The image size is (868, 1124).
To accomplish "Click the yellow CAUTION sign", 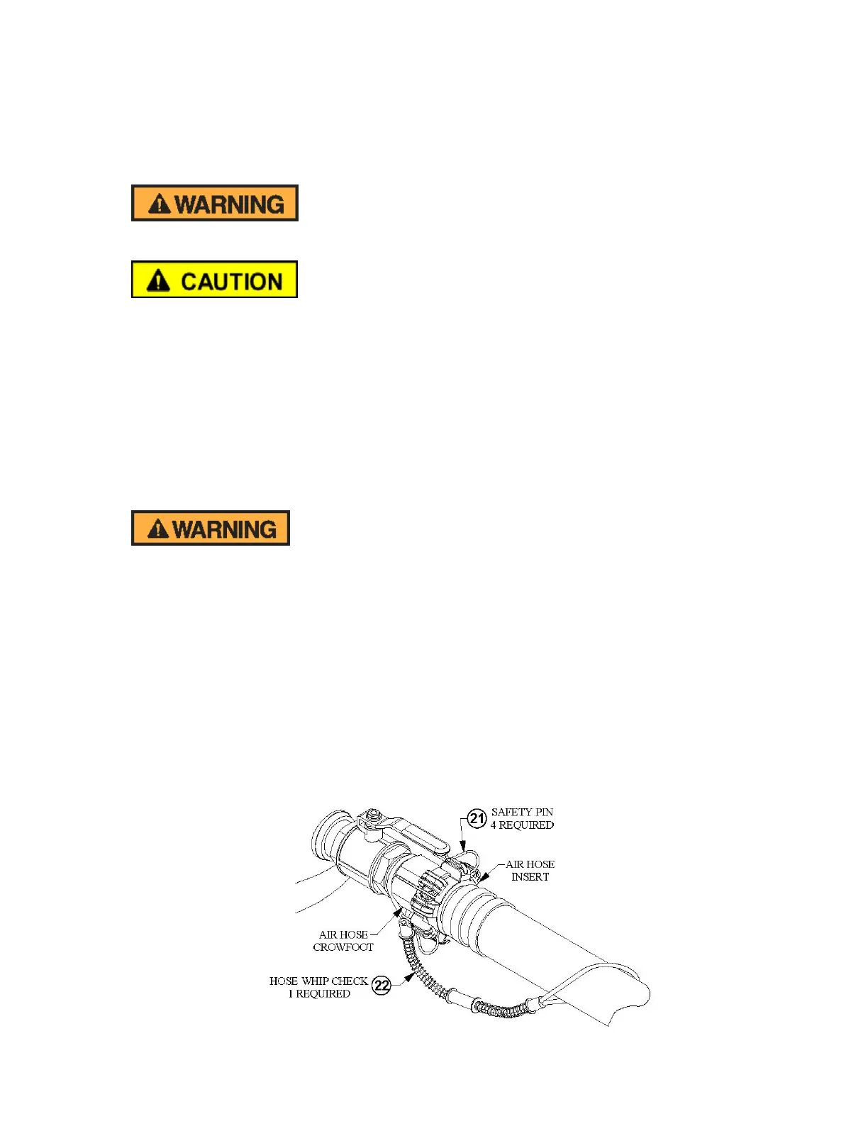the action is coord(214,280).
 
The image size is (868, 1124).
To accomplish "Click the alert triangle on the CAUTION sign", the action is coord(158,281).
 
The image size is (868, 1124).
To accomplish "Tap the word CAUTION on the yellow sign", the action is coord(232,282).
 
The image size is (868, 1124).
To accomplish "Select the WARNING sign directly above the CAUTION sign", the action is coord(214,203).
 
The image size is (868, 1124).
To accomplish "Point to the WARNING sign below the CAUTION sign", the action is coord(211,528).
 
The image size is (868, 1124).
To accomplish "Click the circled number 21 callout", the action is coord(477,818).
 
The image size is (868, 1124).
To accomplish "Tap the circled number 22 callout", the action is coord(382,985).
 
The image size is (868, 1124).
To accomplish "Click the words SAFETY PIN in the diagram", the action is coord(522,812).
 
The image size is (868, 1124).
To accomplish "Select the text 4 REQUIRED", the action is coord(522,825).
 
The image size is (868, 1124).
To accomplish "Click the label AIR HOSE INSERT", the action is coord(530,871).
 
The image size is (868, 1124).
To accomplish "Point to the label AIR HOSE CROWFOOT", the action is coord(343,941).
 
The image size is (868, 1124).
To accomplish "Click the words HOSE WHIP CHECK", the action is coord(318,981).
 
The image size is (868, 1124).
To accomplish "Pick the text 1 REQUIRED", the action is coord(319,994).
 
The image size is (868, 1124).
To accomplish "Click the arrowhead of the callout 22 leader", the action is coord(409,976).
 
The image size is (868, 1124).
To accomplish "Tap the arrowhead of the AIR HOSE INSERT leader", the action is coord(483,877).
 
